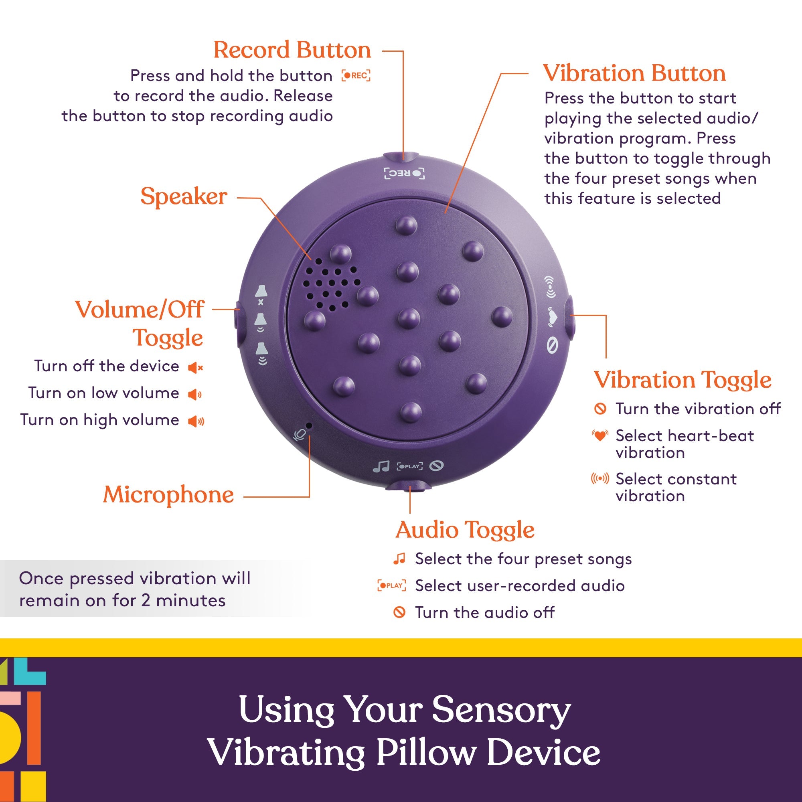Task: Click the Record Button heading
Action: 292,50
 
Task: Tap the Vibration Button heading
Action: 634,73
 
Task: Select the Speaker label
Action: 184,196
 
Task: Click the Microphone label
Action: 168,495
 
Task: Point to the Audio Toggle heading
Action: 465,530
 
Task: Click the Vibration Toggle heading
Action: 683,380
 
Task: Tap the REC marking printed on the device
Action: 404,173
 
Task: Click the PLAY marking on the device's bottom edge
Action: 410,466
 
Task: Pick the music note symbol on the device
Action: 381,467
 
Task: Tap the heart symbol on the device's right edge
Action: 552,317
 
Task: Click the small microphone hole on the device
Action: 309,425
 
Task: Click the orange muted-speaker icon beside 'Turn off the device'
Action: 195,367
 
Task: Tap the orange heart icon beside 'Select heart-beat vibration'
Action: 600,435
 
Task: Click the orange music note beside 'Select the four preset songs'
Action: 399,559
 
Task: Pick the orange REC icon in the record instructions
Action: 356,75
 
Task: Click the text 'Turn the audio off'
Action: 484,612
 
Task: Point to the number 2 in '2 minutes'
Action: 145,601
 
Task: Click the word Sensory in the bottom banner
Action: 501,710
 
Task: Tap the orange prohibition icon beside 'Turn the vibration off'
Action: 600,409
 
